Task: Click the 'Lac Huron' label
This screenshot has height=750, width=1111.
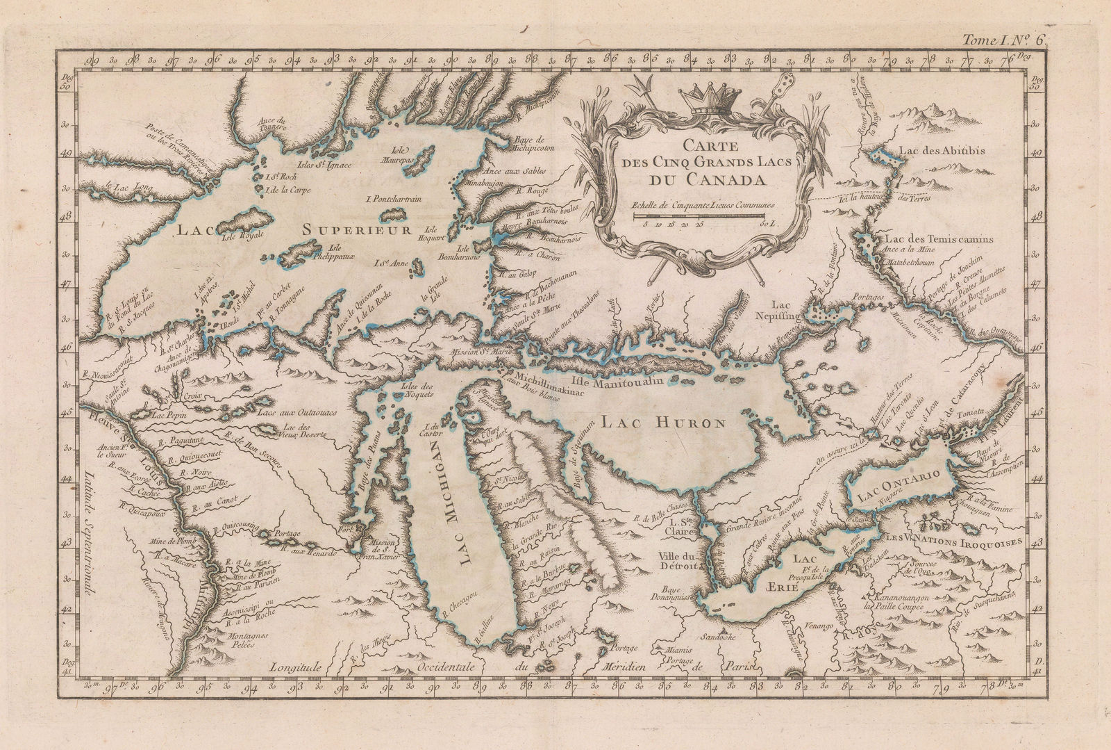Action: [x=663, y=423]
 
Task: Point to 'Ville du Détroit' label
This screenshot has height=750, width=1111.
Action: [x=678, y=561]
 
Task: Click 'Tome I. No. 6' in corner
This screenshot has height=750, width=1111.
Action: [x=1012, y=40]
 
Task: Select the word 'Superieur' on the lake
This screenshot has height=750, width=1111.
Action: [x=358, y=229]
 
